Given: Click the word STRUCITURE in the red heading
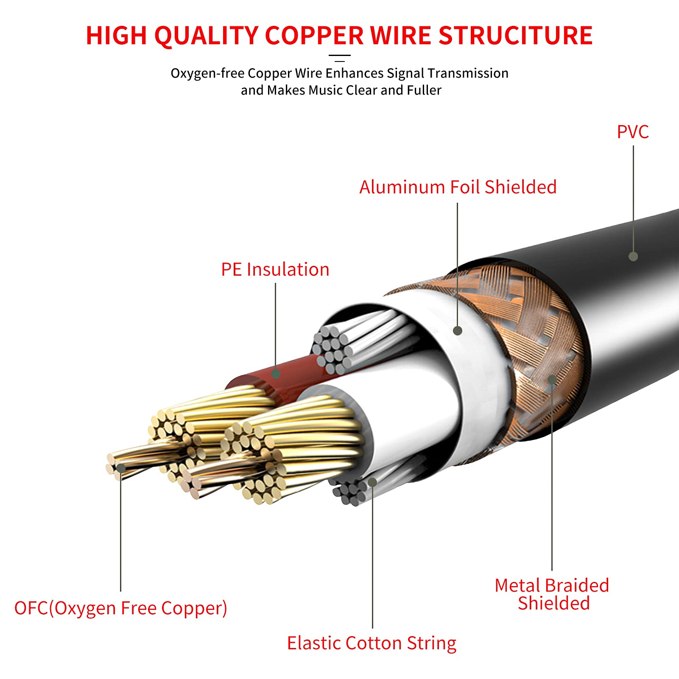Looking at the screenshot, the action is [515, 35].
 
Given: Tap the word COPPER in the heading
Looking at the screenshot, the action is [314, 35].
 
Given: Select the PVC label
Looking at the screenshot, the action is [633, 132].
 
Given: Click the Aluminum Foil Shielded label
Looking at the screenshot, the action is [458, 187].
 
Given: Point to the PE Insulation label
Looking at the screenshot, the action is [275, 270].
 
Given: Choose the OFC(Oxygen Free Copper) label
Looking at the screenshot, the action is [121, 608].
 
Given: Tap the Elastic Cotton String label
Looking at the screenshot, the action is [372, 643].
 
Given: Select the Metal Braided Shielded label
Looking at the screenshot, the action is [552, 594].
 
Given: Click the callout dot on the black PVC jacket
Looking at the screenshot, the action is [633, 256].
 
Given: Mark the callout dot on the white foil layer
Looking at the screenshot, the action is [458, 330].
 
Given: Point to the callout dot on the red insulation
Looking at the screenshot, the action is [276, 374].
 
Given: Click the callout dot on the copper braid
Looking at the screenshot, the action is [552, 379].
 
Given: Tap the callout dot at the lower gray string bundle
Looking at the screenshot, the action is [372, 482].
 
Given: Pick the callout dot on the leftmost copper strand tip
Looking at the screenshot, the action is [121, 468].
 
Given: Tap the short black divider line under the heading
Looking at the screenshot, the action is [340, 55].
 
